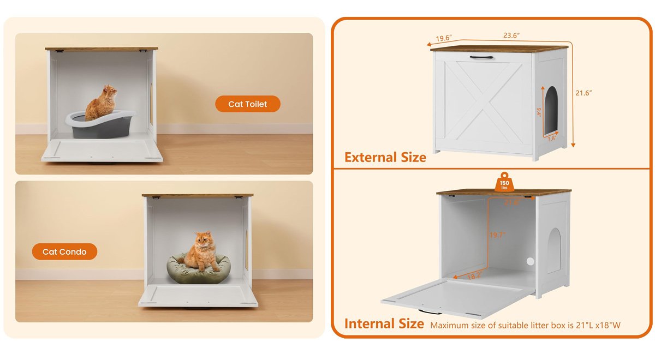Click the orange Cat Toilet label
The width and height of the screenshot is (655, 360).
[248, 104]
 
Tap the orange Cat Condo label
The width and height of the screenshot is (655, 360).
[64, 251]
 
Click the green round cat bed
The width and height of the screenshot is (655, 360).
[198, 271]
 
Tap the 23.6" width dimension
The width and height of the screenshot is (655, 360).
[511, 35]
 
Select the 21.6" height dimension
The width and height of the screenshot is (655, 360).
[583, 93]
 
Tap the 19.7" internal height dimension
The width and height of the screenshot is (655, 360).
[496, 235]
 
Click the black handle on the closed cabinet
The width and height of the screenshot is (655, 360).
[482, 57]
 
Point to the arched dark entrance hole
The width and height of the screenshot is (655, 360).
[551, 111]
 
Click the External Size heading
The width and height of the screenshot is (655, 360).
[385, 158]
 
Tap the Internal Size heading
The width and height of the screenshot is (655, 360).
[384, 323]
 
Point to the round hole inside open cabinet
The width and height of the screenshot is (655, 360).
[529, 262]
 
